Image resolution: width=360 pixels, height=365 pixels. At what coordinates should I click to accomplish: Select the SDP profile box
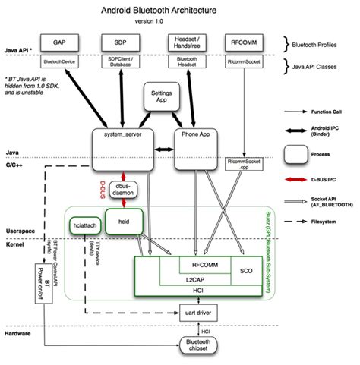tap(120, 41)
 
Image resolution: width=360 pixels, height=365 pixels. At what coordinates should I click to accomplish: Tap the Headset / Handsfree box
tap(176, 41)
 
